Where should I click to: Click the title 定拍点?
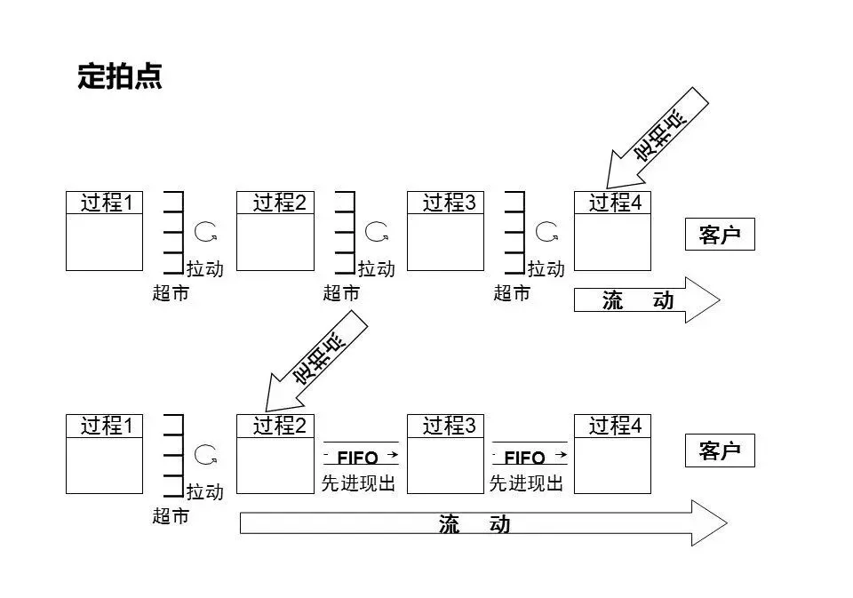point(120,77)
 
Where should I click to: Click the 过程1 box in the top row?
point(104,230)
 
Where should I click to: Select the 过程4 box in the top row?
point(612,230)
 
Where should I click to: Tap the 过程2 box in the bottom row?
point(275,453)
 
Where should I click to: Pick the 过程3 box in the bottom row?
point(445,453)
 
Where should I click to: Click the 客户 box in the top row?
point(719,235)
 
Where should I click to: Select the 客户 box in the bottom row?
point(719,450)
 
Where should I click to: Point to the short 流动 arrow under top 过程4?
point(645,301)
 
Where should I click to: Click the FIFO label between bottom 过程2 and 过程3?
point(358,458)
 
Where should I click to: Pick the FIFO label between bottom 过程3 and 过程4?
point(525,458)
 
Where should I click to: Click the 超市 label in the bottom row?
point(171,516)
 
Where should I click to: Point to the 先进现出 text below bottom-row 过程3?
point(526,483)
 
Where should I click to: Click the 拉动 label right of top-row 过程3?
point(546,268)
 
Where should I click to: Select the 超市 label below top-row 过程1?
point(171,293)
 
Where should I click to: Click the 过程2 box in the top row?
point(275,230)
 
